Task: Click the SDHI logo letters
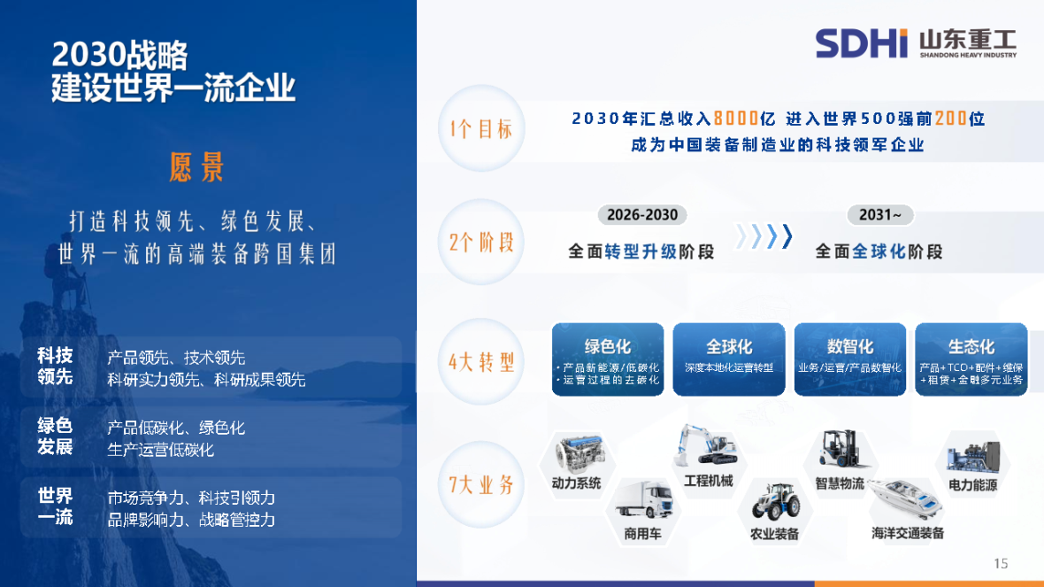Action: coord(861,42)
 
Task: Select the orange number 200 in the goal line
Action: coord(950,118)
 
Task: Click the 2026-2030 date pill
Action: coord(642,215)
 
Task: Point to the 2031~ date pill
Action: coord(879,215)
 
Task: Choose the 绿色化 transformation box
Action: coord(607,359)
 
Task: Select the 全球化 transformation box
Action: coord(729,359)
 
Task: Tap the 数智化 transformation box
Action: coord(849,359)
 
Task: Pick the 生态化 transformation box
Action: coord(971,359)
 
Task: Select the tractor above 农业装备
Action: coord(775,501)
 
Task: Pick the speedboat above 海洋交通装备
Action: coord(905,499)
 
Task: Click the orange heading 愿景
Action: coord(196,166)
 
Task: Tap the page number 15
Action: coord(1001,563)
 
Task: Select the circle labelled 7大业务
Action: coord(481,484)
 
